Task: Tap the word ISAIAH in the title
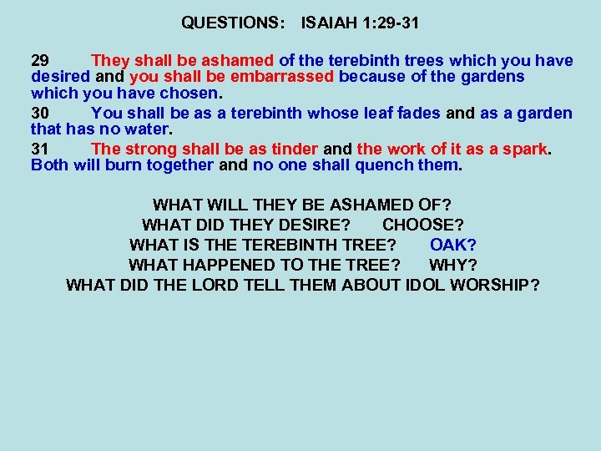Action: pos(329,23)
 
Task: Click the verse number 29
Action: pos(40,60)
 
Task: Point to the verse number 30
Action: pos(40,113)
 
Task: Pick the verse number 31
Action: pos(40,149)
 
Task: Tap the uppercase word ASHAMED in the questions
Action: pos(372,205)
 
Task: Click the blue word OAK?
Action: pos(453,245)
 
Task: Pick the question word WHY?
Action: pos(452,265)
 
